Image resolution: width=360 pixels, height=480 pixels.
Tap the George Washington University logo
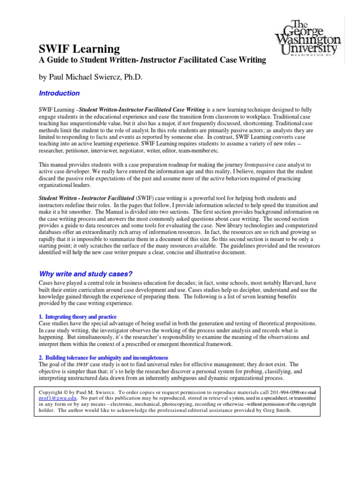[x=307, y=38]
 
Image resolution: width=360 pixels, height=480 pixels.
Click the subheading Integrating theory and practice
[x=80, y=317]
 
